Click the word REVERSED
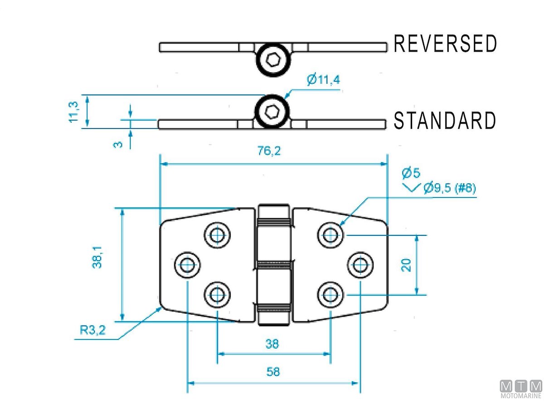pos(445,44)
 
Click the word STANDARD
pos(444,121)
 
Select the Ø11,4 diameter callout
pos(323,80)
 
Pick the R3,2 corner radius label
pos(92,330)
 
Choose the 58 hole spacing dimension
pos(273,372)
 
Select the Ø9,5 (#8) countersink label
pos(450,188)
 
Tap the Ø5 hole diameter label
pos(411,173)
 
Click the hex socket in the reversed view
pos(272,59)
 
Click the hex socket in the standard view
pos(272,111)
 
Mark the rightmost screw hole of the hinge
pos(360,264)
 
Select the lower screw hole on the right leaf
pos(330,294)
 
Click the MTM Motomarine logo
pos(520,389)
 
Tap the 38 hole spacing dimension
pos(272,344)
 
